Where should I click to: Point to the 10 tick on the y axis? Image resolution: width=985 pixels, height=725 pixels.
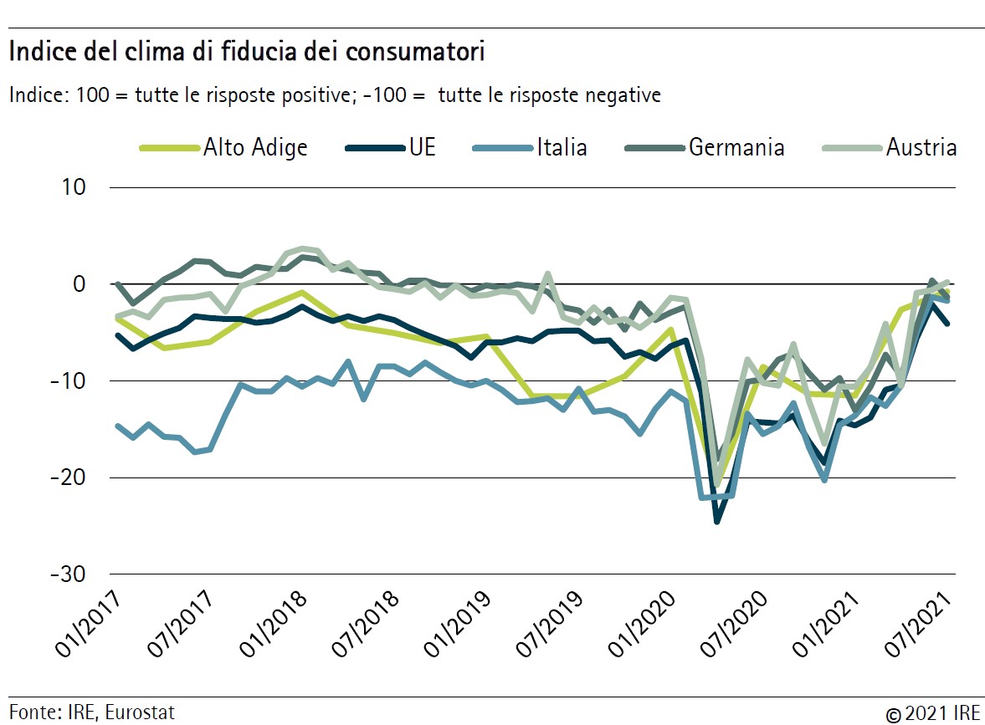click(x=73, y=187)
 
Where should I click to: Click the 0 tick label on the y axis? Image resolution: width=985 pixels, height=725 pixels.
click(x=80, y=284)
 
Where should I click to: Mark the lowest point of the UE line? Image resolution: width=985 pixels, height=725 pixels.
click(x=717, y=521)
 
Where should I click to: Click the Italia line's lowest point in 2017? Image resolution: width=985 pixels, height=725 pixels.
click(x=195, y=452)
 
